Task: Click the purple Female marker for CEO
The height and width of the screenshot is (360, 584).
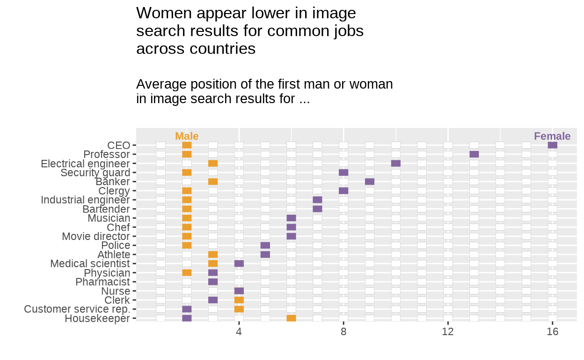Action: pyautogui.click(x=552, y=145)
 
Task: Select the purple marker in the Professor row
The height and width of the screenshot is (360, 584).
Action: pyautogui.click(x=474, y=154)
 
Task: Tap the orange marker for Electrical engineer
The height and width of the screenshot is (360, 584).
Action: pyautogui.click(x=213, y=164)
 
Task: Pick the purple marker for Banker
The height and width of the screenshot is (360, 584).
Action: pyautogui.click(x=370, y=181)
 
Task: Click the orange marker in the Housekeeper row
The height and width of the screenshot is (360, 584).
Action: pyautogui.click(x=291, y=318)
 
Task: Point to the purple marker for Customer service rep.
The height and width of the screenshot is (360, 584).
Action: pyautogui.click(x=187, y=309)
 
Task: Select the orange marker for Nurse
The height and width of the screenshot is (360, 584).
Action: pyautogui.click(x=239, y=291)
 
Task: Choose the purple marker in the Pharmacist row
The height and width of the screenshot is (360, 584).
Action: pyautogui.click(x=213, y=282)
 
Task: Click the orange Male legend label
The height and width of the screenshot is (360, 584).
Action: pyautogui.click(x=187, y=136)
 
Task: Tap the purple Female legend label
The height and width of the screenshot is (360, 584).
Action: pyautogui.click(x=552, y=136)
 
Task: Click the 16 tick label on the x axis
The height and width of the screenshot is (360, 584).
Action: pyautogui.click(x=553, y=332)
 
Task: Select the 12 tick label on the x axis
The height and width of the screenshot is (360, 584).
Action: pyautogui.click(x=448, y=332)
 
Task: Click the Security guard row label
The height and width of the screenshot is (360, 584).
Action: pyautogui.click(x=95, y=172)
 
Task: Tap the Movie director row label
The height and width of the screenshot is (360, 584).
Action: pyautogui.click(x=96, y=236)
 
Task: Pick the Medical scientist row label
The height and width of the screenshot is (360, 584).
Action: pyautogui.click(x=90, y=264)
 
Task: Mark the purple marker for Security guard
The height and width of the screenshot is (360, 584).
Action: pyautogui.click(x=343, y=172)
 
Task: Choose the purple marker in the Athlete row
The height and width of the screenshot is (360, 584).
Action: pyautogui.click(x=265, y=255)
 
